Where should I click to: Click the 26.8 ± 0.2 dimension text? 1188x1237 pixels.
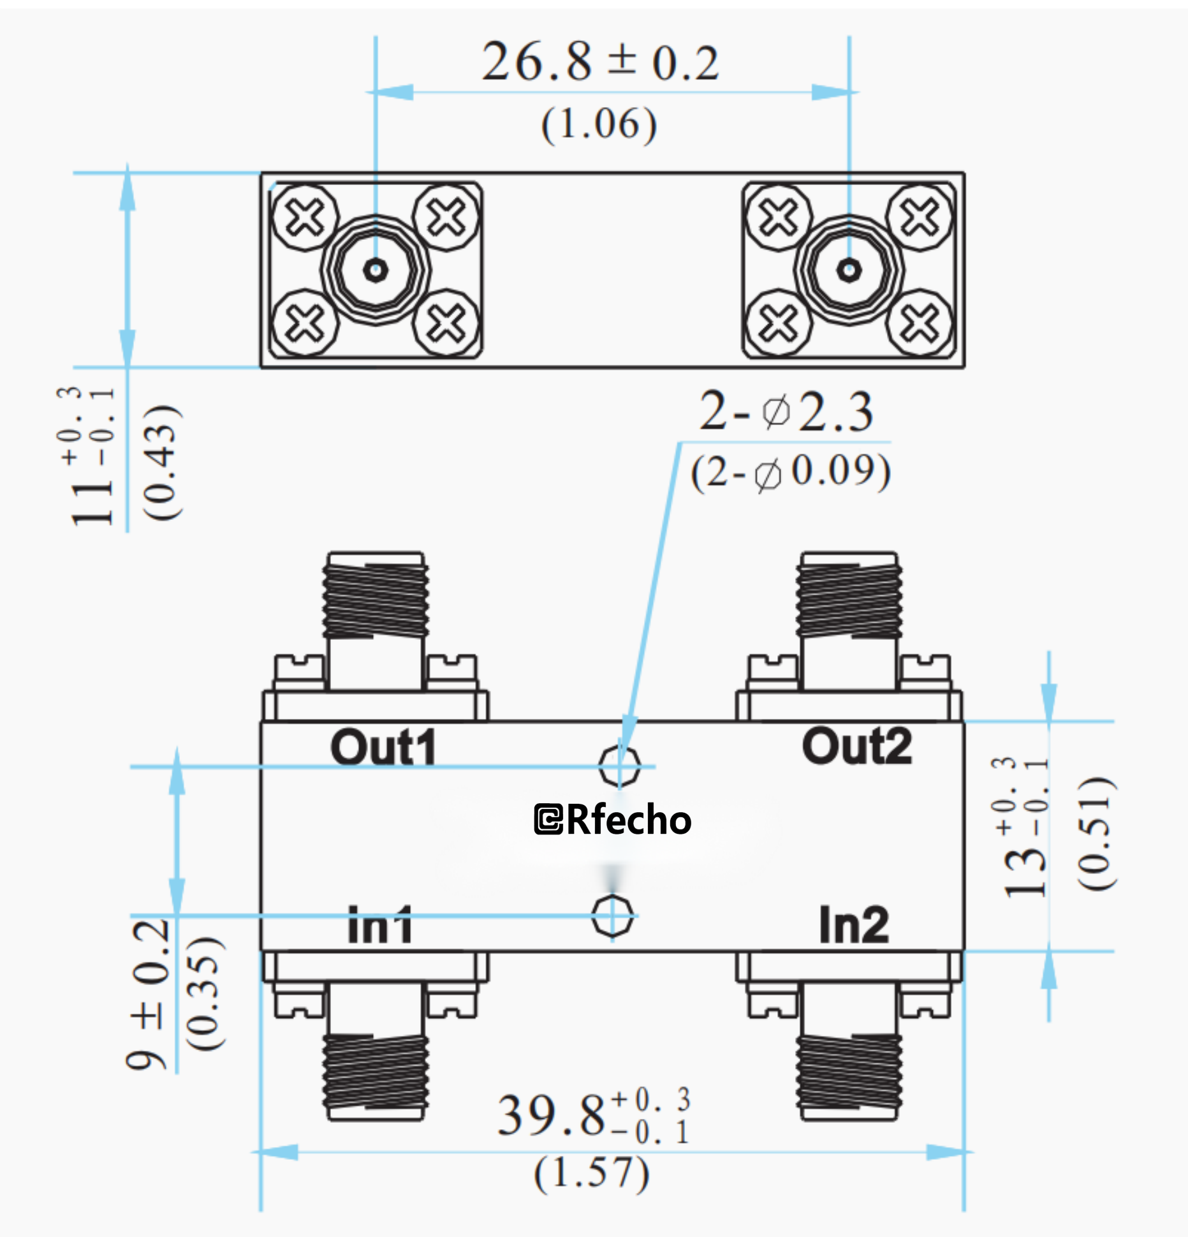[x=599, y=63]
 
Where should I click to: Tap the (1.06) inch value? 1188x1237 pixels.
[x=599, y=124]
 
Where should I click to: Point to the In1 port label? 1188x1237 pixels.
[x=380, y=925]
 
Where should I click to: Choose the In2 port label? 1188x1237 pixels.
[x=853, y=924]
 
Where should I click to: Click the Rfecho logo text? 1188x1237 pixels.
[x=612, y=820]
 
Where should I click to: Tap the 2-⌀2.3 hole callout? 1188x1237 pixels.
[x=786, y=412]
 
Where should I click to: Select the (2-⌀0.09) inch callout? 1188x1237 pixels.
[x=790, y=473]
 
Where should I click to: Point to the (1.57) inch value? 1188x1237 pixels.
[x=592, y=1173]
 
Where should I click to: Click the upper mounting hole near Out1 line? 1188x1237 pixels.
[x=619, y=765]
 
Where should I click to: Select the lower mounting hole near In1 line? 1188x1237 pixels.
[x=612, y=916]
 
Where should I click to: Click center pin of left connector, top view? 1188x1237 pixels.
[x=376, y=270]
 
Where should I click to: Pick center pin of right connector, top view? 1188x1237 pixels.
[x=849, y=270]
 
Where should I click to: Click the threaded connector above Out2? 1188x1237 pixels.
[x=849, y=596]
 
